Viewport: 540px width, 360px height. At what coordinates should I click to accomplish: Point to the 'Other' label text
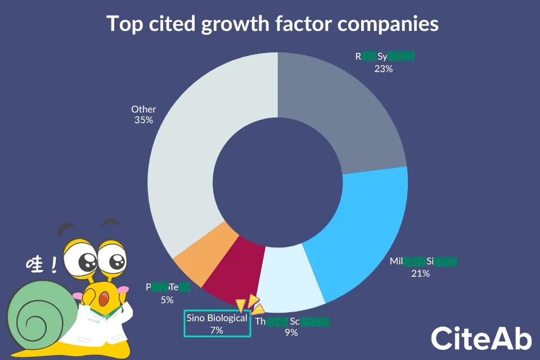coord(143,109)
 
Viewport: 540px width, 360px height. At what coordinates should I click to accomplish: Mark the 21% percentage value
coord(420,273)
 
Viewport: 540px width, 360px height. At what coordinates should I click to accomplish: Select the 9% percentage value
coord(291,332)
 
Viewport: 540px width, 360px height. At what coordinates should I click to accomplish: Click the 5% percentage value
coord(166,300)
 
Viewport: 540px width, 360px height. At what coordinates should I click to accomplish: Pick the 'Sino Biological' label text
coord(217,318)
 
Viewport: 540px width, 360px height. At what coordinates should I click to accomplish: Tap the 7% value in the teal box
coord(217,330)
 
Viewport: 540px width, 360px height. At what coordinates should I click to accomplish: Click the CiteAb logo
coord(481,338)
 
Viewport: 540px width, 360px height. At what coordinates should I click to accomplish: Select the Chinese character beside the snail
coord(35,264)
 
